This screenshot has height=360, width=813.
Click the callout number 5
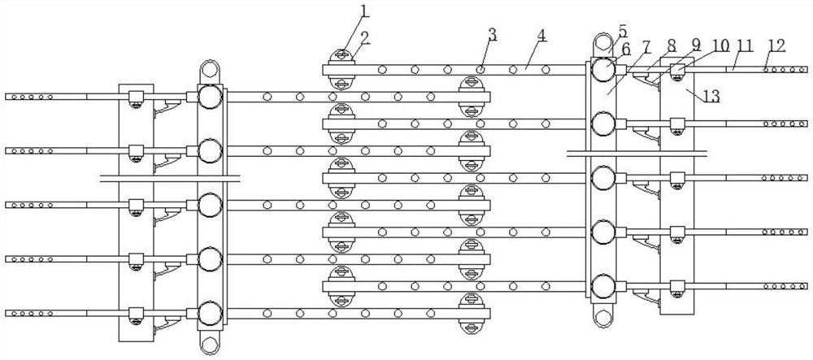pos(622,29)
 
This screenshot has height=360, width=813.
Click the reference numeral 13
pos(711,97)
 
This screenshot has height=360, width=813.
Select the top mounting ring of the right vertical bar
pos(602,42)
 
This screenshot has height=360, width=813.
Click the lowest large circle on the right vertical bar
pos(602,286)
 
